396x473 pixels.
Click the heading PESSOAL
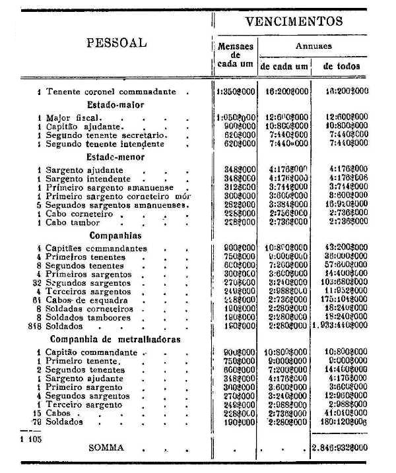[x=116, y=44]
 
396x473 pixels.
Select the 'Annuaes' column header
[x=313, y=46]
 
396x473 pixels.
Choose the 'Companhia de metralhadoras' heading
[x=115, y=340]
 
